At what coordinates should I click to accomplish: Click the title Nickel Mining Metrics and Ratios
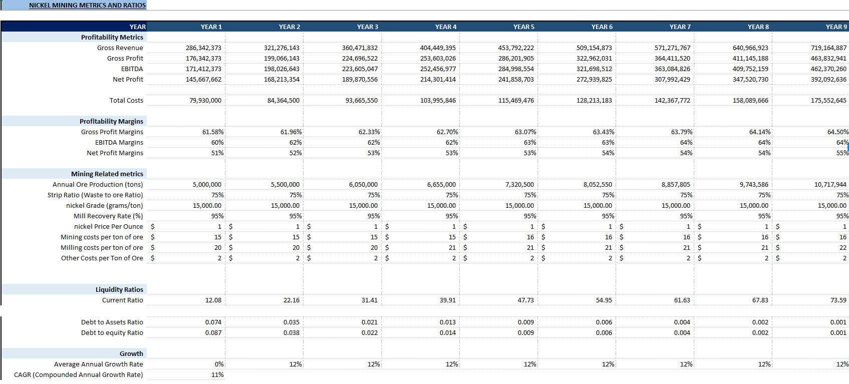click(x=87, y=6)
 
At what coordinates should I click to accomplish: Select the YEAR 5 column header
click(x=524, y=27)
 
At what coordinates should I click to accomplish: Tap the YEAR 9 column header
click(x=836, y=27)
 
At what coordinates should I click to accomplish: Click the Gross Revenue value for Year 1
click(x=203, y=48)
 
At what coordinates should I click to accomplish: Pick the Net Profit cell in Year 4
click(x=438, y=79)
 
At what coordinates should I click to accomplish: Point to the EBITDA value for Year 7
click(x=672, y=69)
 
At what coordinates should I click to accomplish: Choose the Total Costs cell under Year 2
click(x=284, y=100)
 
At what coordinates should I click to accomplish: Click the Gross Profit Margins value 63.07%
click(x=525, y=132)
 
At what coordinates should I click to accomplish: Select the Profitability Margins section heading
click(x=111, y=121)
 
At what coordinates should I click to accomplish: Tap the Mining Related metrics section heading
click(x=107, y=174)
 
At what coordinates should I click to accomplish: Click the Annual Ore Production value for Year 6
click(x=598, y=184)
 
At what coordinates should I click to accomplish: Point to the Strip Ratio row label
click(x=95, y=195)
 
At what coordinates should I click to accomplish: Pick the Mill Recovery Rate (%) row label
click(x=108, y=216)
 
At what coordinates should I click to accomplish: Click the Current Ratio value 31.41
click(x=370, y=300)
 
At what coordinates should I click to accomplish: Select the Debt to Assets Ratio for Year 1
click(x=213, y=322)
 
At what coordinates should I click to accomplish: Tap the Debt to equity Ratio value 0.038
click(x=292, y=333)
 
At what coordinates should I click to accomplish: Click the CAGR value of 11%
click(x=217, y=375)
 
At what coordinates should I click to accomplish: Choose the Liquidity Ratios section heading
click(x=119, y=289)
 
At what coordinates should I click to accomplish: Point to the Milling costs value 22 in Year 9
click(x=842, y=248)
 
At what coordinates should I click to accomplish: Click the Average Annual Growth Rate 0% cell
click(x=219, y=364)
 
